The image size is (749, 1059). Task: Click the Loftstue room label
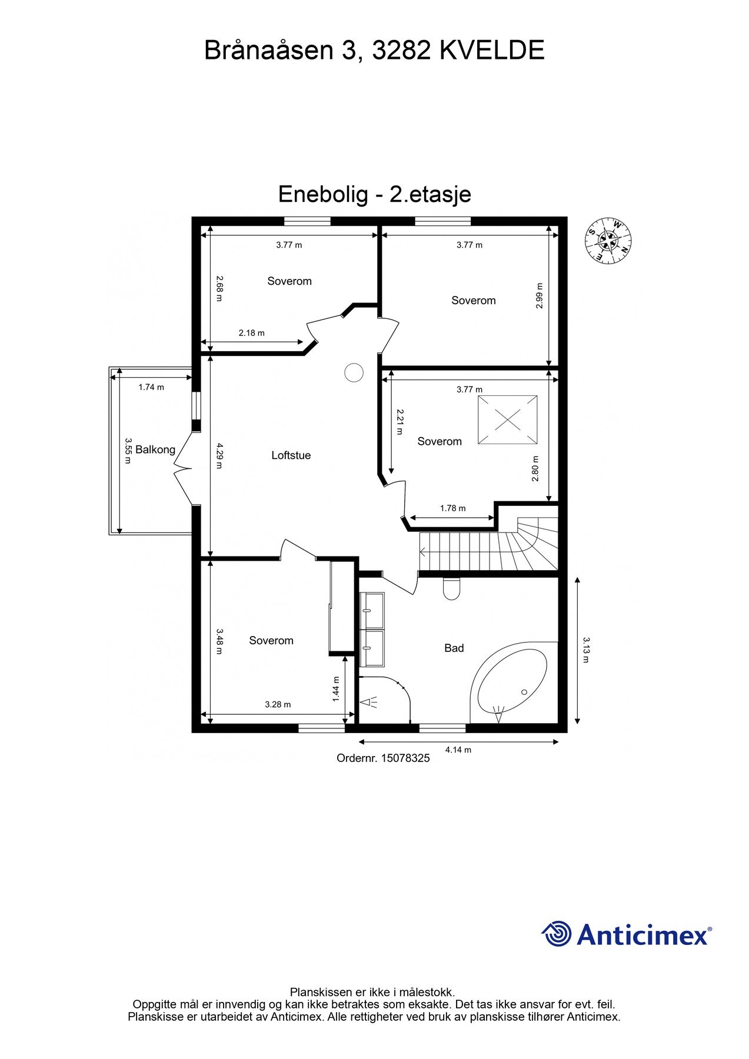pyautogui.click(x=291, y=455)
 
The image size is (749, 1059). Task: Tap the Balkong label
pyautogui.click(x=155, y=450)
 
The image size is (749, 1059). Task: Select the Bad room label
pyautogui.click(x=454, y=648)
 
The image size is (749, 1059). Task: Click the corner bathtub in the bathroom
pyautogui.click(x=511, y=682)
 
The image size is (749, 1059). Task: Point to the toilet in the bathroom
pyautogui.click(x=451, y=588)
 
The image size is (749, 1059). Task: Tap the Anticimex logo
pyautogui.click(x=626, y=934)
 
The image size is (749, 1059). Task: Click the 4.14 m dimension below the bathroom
pyautogui.click(x=458, y=750)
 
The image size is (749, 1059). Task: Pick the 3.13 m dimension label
pyautogui.click(x=585, y=650)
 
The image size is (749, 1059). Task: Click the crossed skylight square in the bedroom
pyautogui.click(x=507, y=420)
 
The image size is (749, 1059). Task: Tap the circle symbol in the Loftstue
pyautogui.click(x=353, y=372)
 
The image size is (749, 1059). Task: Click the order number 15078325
pyautogui.click(x=383, y=758)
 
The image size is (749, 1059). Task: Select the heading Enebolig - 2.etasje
pyautogui.click(x=374, y=194)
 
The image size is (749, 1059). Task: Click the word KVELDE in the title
pyautogui.click(x=492, y=51)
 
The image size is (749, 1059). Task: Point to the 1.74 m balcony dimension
pyautogui.click(x=151, y=387)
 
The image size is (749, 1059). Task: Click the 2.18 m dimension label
pyautogui.click(x=251, y=333)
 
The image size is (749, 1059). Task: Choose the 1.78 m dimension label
pyautogui.click(x=452, y=508)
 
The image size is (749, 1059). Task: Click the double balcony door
pyautogui.click(x=184, y=469)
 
